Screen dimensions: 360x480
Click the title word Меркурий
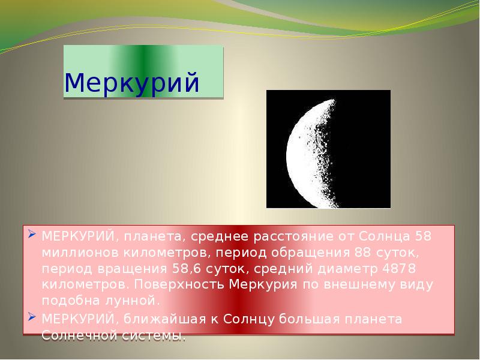click(131, 83)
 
